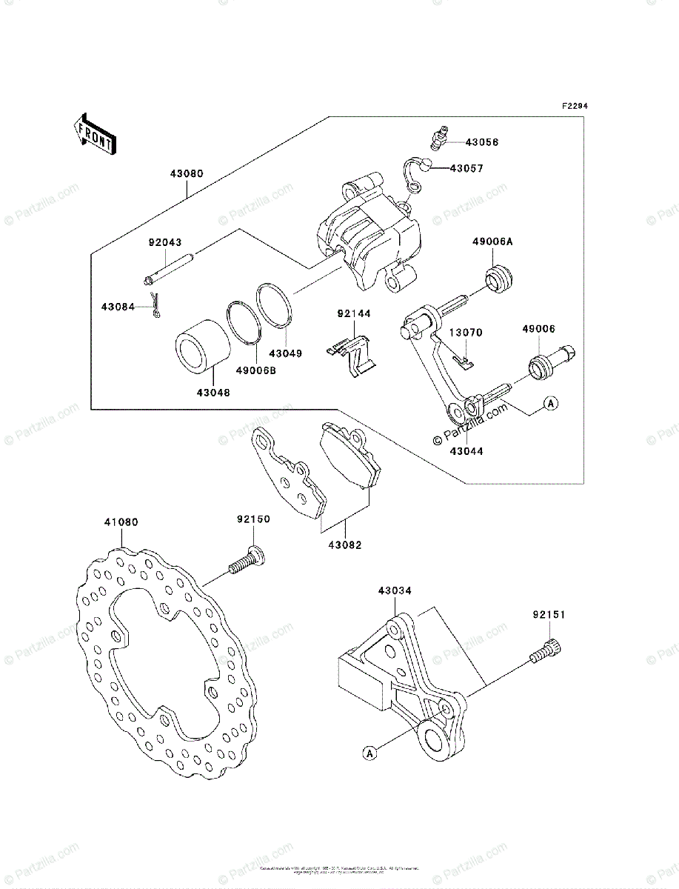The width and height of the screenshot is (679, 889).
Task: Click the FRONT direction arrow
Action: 93,133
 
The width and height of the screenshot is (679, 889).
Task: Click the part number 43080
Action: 187,174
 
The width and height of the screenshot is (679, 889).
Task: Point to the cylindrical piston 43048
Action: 198,344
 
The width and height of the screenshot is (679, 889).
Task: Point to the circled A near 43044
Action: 550,403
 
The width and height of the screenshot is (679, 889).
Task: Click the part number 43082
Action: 346,545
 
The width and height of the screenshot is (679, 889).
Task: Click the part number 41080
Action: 121,522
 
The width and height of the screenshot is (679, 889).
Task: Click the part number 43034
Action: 394,590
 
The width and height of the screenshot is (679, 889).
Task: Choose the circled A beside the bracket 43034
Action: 369,753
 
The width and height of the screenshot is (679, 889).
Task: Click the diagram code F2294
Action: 574,107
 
